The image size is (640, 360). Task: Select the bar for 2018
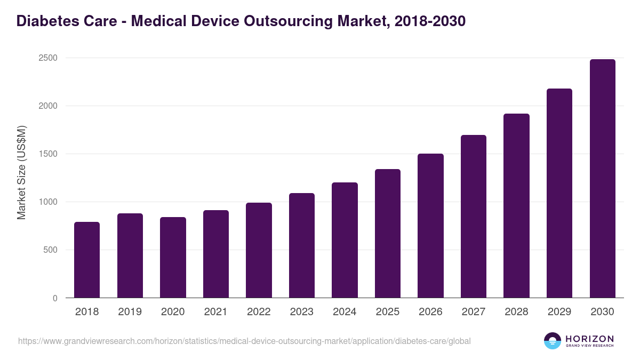[x=87, y=260]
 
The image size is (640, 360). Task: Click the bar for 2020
[x=173, y=258]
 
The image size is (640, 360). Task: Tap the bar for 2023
[x=301, y=245]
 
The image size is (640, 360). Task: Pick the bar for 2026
[x=430, y=226]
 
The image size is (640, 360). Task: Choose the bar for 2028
[x=516, y=206]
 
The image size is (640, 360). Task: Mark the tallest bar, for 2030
[x=602, y=179]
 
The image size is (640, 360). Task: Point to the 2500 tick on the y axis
[x=48, y=58]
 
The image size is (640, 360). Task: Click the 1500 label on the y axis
[x=48, y=154]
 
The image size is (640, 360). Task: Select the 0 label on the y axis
[x=54, y=298]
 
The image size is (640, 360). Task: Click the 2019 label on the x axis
[x=130, y=312]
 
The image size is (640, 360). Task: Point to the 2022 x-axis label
[x=259, y=312]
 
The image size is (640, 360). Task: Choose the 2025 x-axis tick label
[x=387, y=312]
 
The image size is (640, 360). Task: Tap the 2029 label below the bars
[x=559, y=312]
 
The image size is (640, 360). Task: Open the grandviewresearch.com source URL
[x=244, y=341]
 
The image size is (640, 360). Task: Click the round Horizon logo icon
[x=553, y=341]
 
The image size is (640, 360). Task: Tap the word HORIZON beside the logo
[x=589, y=339]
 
